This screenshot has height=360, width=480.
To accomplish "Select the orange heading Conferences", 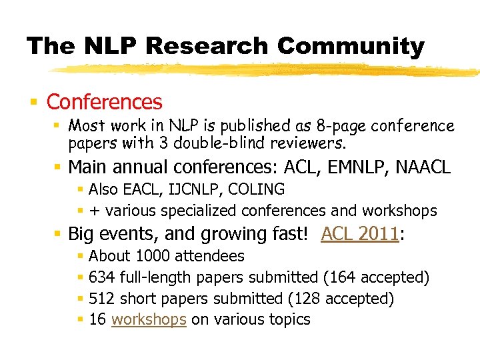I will pos(104,102).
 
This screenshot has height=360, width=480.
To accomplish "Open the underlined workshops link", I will pos(149,319).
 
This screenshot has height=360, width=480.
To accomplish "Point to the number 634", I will pos(102,277).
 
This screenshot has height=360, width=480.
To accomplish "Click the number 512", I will pos(102,299).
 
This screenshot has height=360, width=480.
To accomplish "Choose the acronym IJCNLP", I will pos(185,189).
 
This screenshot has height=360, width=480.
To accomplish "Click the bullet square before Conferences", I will pos(33,103).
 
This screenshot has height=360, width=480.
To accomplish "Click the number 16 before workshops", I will pos(97,319).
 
